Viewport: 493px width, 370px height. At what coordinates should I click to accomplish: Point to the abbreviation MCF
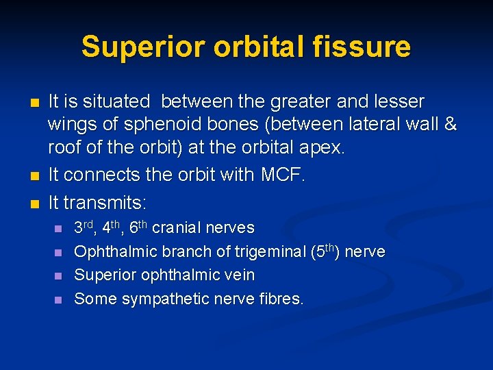tap(282, 175)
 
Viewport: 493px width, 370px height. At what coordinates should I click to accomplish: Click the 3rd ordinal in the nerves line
tap(86, 227)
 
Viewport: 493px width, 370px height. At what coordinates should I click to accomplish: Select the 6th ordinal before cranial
tap(140, 227)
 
